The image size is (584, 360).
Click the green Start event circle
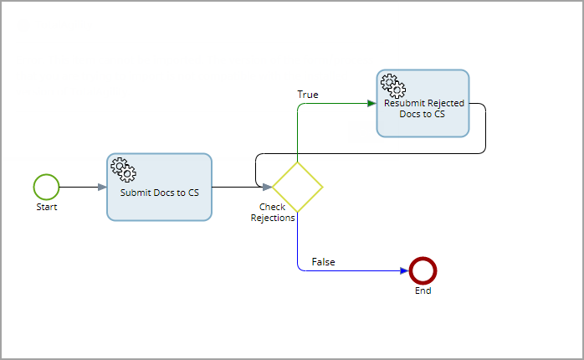47,187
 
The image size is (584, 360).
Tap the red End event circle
423,270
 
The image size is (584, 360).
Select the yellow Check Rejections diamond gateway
297,187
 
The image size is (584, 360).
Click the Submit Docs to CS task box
159,187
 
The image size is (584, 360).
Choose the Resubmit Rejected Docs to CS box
423,104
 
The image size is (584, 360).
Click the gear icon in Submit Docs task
123,170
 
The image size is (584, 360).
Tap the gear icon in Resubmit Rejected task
392,85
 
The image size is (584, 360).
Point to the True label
308,95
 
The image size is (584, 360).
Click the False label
323,262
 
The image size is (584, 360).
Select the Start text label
47,206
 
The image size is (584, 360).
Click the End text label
423,291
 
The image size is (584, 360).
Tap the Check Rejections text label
273,213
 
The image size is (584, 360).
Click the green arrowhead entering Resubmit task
371,104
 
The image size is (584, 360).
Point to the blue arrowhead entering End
404,270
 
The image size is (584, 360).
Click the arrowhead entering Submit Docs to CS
101,187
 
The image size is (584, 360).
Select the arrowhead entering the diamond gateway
267,187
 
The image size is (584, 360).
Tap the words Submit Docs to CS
159,192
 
